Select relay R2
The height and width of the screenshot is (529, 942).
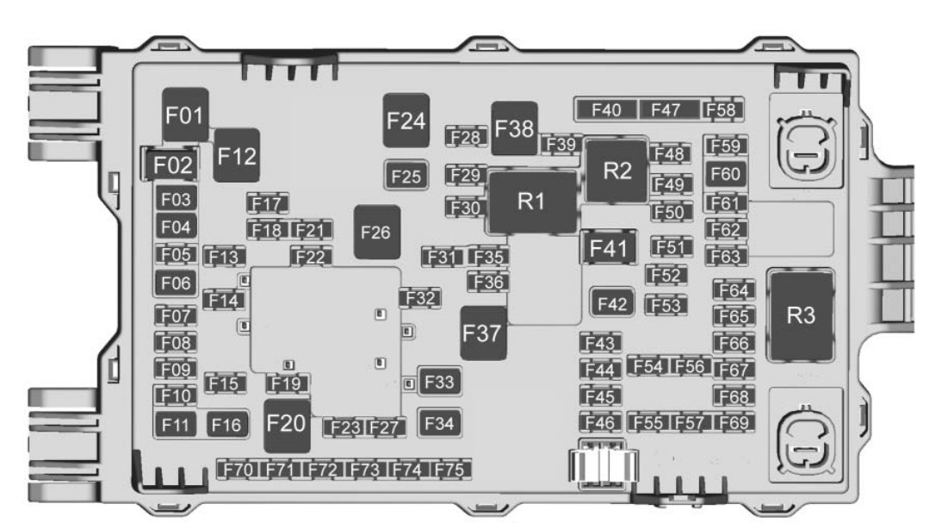click(617, 170)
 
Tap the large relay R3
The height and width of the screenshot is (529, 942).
click(802, 316)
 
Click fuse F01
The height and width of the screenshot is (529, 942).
click(183, 115)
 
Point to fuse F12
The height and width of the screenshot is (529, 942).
click(236, 155)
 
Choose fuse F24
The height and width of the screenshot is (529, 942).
click(406, 121)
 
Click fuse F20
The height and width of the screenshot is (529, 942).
click(287, 425)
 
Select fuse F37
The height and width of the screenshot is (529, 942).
click(482, 333)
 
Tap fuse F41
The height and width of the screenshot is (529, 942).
click(609, 249)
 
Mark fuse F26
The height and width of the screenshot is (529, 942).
click(376, 233)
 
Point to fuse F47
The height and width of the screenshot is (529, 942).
click(666, 109)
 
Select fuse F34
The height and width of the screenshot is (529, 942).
click(438, 423)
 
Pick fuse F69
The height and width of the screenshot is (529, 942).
click(734, 422)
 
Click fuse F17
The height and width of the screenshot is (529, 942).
click(267, 204)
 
